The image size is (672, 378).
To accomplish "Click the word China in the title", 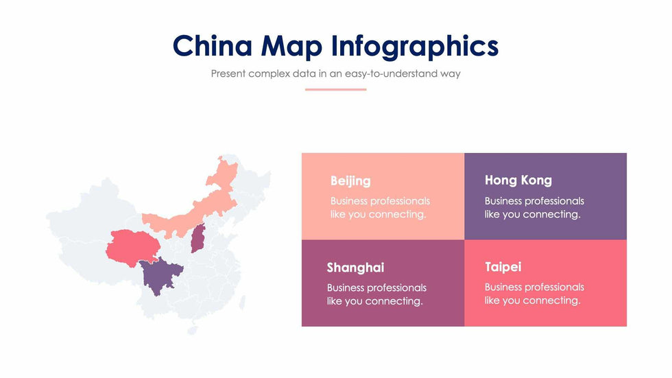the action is tap(213, 45).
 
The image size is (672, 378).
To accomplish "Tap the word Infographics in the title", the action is tap(415, 46).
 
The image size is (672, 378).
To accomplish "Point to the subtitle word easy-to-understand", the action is tap(391, 73).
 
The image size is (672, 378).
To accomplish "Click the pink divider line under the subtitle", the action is tap(335, 90).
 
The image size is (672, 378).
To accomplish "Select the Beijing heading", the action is tap(350, 181).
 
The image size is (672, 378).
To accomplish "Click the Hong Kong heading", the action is tap(518, 180).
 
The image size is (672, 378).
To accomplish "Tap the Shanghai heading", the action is tap(355, 268).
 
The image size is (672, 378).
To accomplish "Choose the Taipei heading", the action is tap(503, 267).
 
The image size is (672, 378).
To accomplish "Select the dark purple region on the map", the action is tap(159, 276).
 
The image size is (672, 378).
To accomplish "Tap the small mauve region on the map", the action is tap(198, 238).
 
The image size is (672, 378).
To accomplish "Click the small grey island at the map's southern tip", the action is tap(193, 331).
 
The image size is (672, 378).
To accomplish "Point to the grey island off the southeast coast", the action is tap(243, 302).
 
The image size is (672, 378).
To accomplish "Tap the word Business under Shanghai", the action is tap(344, 287).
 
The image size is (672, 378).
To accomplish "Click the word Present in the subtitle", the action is tap(228, 73).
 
